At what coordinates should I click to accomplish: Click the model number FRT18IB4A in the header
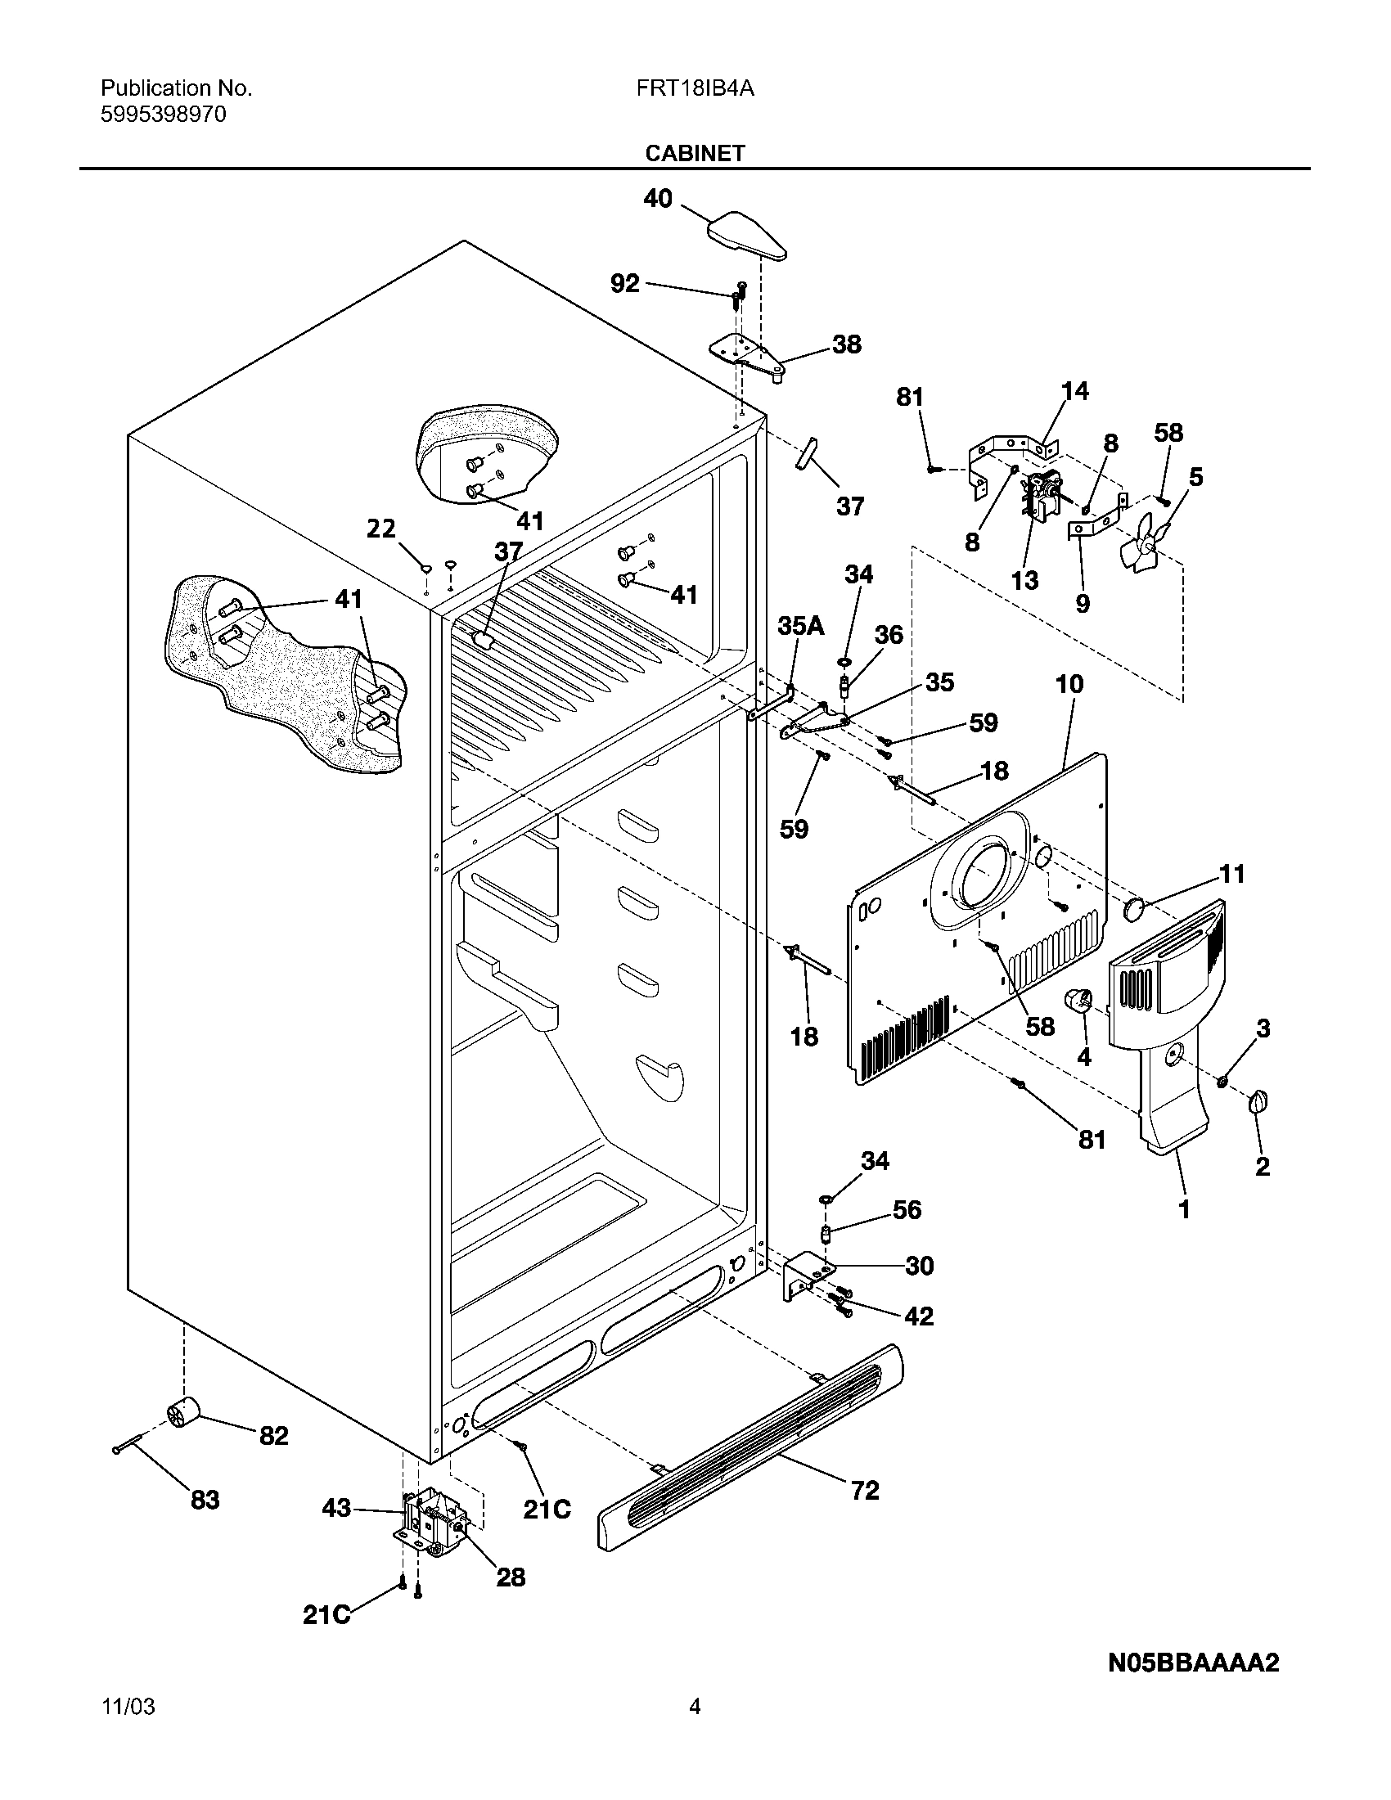click(x=695, y=88)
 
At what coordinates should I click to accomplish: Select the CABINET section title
click(x=695, y=153)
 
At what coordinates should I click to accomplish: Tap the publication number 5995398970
click(x=163, y=114)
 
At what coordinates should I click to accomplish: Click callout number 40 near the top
click(x=658, y=199)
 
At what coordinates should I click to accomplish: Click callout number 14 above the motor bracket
click(x=1074, y=390)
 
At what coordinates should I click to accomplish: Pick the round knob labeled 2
click(x=1258, y=1102)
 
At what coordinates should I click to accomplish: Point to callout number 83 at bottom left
click(x=205, y=1499)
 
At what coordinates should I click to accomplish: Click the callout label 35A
click(x=800, y=627)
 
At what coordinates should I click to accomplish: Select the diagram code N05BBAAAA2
click(x=1193, y=1663)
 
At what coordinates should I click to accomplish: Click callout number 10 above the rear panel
click(x=1069, y=684)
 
